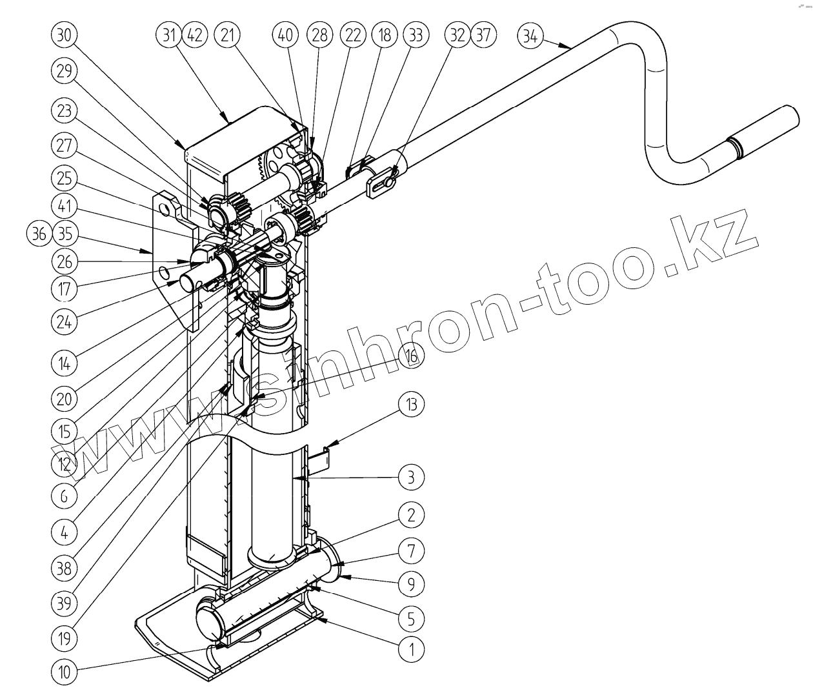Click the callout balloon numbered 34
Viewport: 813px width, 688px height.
point(530,35)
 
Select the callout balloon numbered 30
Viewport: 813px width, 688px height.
point(63,35)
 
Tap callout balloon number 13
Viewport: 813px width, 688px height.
point(411,405)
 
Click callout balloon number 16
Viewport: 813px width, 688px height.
point(411,356)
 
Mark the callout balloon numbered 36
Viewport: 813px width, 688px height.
point(40,234)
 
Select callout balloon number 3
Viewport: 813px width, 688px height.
point(411,478)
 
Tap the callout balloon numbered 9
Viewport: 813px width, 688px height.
point(411,584)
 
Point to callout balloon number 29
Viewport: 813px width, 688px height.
point(63,72)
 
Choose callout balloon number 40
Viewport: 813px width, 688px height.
point(285,35)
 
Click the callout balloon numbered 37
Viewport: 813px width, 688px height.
point(484,35)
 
